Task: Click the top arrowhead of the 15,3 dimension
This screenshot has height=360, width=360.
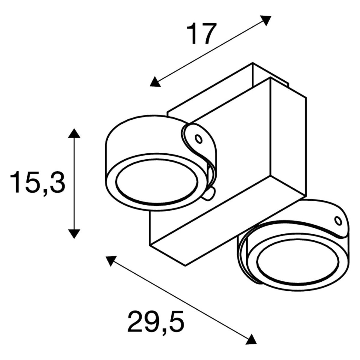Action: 74,133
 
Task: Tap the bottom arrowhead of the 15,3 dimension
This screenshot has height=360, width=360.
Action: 74,234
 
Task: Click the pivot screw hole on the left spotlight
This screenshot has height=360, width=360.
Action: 198,139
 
